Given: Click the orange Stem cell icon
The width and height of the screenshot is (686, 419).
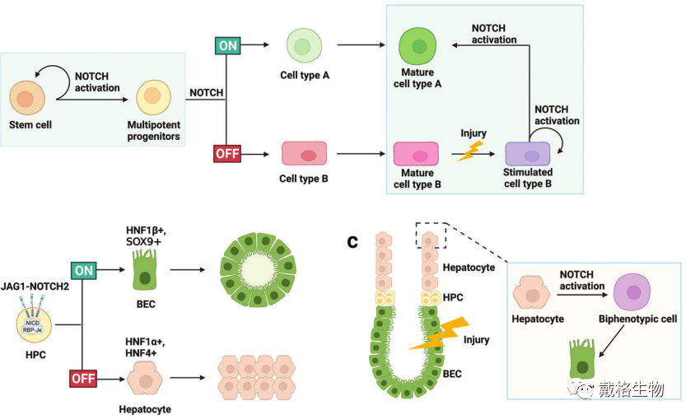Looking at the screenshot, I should pos(26,99).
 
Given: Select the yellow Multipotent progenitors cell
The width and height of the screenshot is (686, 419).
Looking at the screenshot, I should pos(152,98).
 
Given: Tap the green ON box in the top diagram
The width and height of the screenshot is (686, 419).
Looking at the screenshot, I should pos(226,44).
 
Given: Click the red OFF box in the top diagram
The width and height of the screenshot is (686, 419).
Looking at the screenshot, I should pos(226,153).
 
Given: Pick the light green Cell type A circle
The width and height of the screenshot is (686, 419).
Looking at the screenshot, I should pos(303,44).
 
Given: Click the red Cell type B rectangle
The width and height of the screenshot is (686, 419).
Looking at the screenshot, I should pos(304,154).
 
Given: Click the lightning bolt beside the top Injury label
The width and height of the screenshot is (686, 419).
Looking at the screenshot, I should pos(472,151).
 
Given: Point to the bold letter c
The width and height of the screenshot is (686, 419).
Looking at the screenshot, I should pos(352,241).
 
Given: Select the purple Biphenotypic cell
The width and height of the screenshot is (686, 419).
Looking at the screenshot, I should pos(633,291).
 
